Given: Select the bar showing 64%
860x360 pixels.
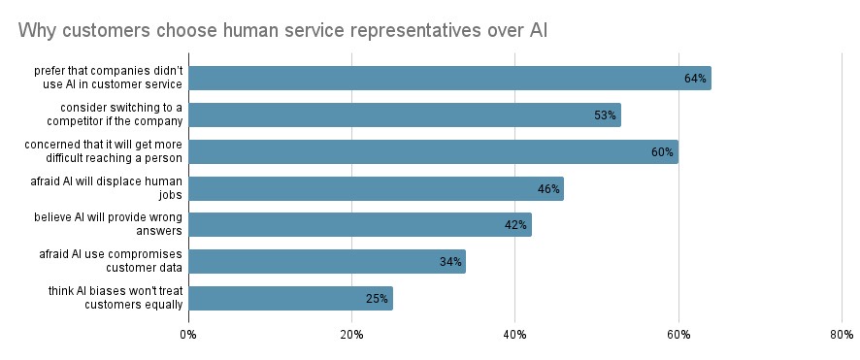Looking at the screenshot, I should coord(449,79).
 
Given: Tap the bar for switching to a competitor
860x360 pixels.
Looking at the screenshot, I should coord(405,115).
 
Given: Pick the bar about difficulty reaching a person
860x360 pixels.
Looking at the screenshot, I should coord(433,151).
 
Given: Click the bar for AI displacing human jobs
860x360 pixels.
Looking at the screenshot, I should coord(376,188).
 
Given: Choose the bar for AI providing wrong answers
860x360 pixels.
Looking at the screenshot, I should coord(360,225).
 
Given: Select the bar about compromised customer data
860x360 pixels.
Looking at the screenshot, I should coord(327,262).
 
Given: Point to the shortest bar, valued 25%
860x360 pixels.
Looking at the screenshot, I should coord(290,298).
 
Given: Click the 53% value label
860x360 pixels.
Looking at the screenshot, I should coord(606,115).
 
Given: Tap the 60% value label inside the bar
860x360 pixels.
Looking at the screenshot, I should coord(663,152).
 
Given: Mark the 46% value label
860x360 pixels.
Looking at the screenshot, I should coord(548,189).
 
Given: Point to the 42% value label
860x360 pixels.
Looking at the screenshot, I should coord(515,225).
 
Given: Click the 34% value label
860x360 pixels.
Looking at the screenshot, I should coord(450,262).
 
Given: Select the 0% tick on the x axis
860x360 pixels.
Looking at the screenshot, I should coord(188,335).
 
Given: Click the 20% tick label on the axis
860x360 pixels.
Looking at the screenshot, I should coord(351,335).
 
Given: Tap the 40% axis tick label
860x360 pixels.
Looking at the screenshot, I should coord(515,335).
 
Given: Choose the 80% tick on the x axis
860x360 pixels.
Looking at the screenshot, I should coord(842,335).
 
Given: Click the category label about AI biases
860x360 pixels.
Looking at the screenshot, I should coord(116,298).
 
